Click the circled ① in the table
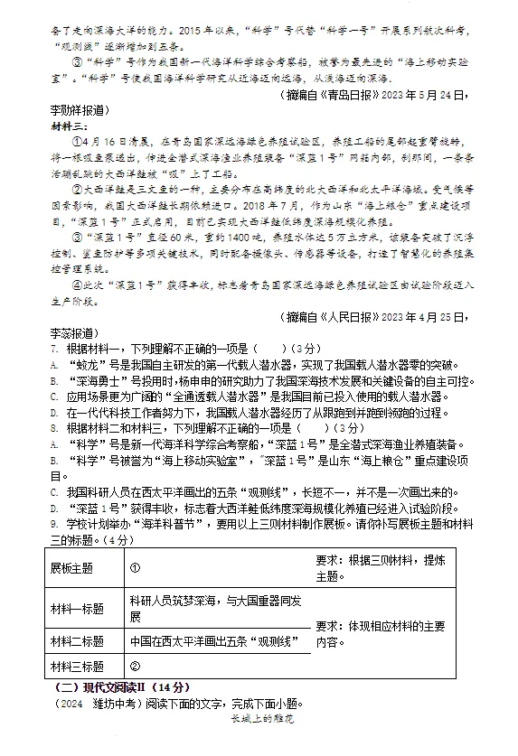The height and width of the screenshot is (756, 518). pos(135,569)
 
